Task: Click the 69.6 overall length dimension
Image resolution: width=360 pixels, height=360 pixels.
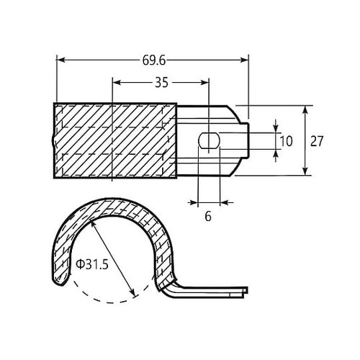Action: tap(152, 61)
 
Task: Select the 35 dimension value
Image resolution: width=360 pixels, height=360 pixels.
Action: tap(161, 83)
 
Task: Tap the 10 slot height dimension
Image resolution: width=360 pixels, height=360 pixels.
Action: tap(286, 141)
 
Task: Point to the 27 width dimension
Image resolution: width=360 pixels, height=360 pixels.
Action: tap(316, 141)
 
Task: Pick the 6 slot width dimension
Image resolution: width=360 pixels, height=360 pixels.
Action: tap(208, 215)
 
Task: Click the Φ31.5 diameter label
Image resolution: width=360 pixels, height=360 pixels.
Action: tap(91, 264)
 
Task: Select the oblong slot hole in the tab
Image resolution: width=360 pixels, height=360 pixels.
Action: tap(207, 140)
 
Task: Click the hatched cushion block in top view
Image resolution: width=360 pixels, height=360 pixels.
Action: tap(115, 141)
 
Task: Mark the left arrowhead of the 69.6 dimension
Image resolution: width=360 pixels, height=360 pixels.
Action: tap(58, 60)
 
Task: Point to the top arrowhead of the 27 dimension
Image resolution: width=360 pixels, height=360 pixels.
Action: tap(306, 109)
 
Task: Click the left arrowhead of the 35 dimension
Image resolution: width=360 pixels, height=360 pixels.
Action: tap(116, 82)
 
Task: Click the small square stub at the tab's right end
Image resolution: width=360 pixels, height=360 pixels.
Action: tap(246, 141)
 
